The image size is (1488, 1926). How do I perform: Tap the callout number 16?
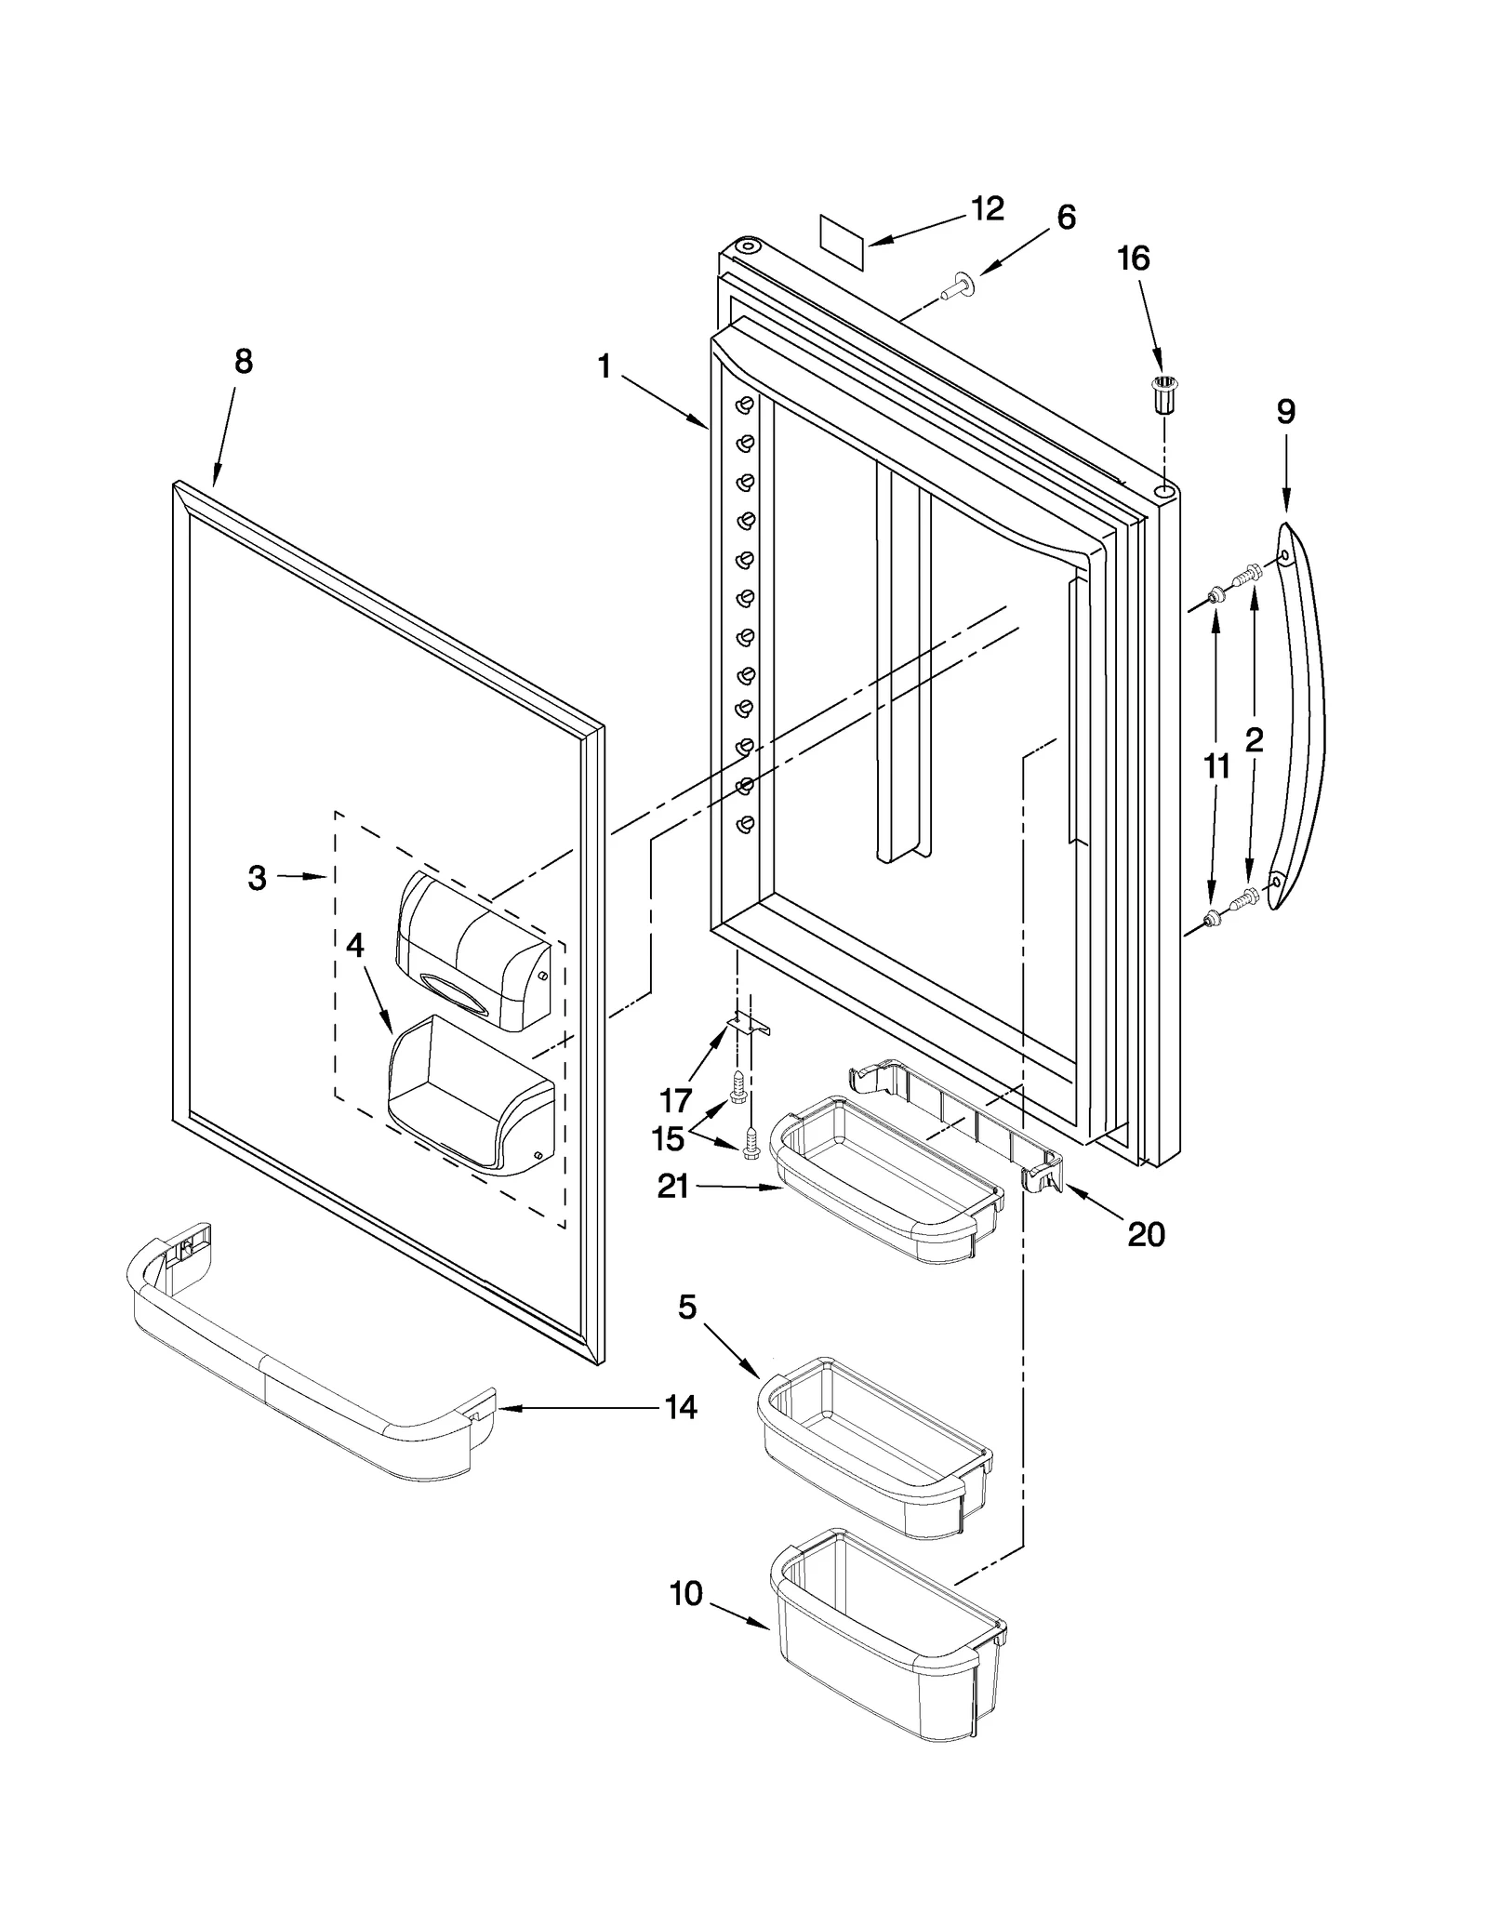[x=1133, y=259]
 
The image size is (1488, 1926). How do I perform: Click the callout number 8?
[x=243, y=362]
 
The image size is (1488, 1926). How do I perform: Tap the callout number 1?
[x=604, y=366]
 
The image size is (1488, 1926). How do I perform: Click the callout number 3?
[x=258, y=877]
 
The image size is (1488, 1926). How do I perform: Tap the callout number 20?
[x=1145, y=1234]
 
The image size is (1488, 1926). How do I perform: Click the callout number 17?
[x=675, y=1100]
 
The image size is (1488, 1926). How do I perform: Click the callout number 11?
[x=1216, y=767]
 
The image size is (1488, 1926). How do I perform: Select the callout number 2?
[x=1254, y=740]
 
